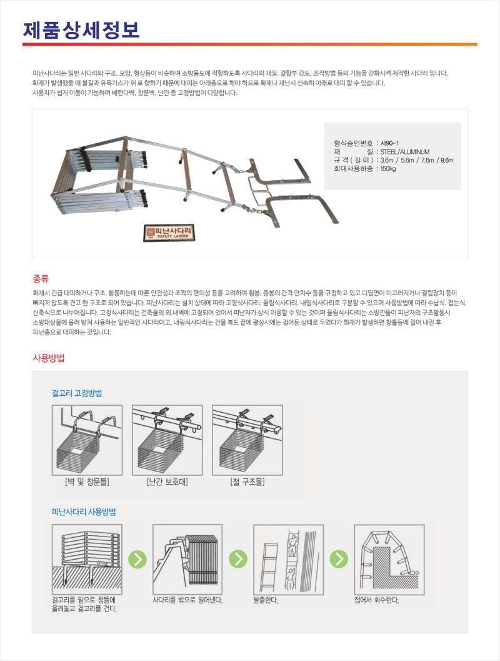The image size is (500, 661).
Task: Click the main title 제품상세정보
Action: (x=81, y=29)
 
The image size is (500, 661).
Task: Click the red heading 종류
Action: (x=41, y=278)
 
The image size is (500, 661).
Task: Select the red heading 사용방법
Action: (x=49, y=358)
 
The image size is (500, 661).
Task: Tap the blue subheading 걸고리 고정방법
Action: (x=77, y=393)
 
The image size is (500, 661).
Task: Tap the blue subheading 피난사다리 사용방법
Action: (x=84, y=512)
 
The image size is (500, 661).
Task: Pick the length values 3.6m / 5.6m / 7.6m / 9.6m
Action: (x=416, y=160)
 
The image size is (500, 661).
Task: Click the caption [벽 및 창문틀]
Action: (x=87, y=482)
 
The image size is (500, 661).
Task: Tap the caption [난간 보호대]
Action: (x=167, y=482)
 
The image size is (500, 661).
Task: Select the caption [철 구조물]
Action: (x=248, y=482)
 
